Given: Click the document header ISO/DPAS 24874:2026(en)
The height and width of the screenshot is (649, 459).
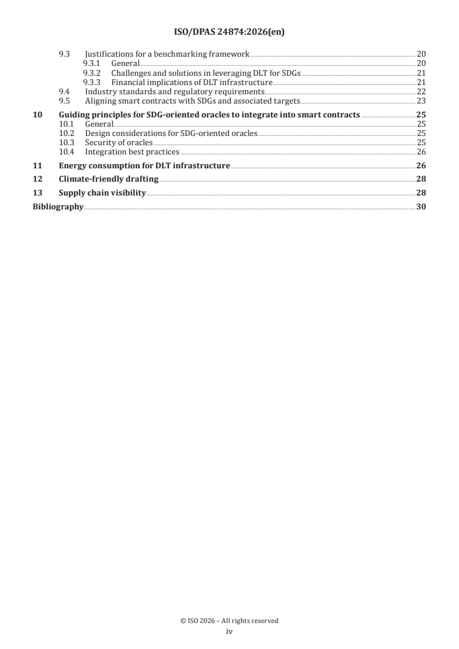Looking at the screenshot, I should (229, 32).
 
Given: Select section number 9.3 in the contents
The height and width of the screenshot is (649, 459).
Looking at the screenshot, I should (65, 54).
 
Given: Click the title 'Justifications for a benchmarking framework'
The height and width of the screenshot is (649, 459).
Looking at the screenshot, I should (167, 54).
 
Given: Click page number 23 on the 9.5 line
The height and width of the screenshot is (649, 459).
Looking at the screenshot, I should (421, 101).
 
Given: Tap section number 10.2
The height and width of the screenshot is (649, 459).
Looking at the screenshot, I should (68, 133).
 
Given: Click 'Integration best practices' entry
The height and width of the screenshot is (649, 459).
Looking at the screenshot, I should (132, 152).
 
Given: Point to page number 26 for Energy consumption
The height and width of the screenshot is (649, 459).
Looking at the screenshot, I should (421, 166).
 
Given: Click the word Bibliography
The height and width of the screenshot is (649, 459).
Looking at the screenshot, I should (57, 207).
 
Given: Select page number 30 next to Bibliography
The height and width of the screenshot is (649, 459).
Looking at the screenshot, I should (421, 207).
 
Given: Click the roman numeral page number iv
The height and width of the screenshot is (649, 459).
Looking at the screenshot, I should (229, 632).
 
